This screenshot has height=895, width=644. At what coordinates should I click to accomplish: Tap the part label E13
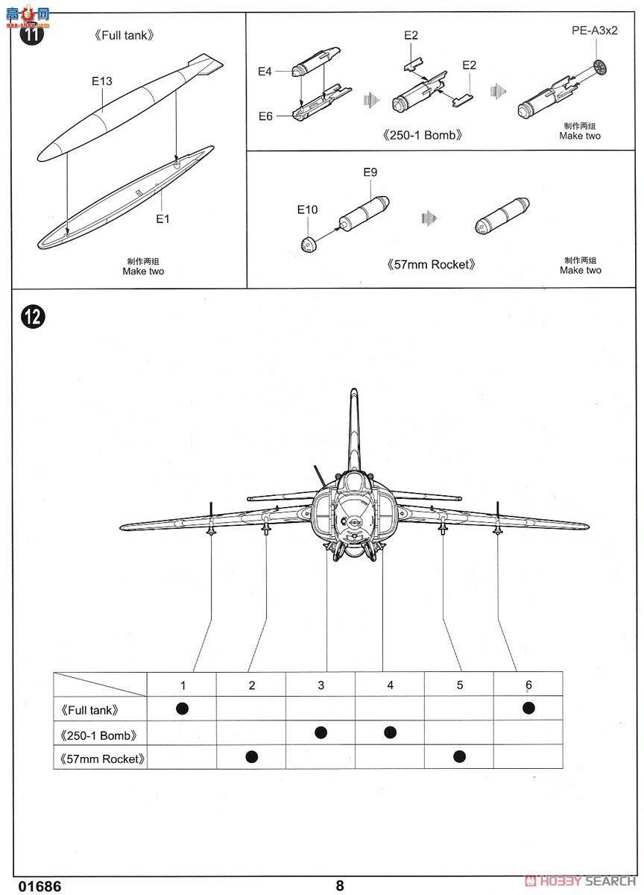point(102,81)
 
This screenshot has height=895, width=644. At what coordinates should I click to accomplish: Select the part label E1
point(162,219)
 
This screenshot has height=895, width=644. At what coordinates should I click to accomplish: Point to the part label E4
point(265,72)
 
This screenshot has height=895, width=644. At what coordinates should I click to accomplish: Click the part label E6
point(265,116)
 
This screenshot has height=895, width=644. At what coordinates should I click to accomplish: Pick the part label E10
point(307,210)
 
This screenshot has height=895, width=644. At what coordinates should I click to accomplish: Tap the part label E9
point(370,172)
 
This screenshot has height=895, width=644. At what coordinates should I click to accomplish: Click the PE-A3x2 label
point(595,31)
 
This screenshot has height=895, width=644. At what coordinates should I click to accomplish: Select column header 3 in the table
point(321,685)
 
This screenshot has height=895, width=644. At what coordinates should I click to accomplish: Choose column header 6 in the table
point(528,685)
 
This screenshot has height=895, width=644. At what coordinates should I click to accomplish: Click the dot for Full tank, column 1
point(182,708)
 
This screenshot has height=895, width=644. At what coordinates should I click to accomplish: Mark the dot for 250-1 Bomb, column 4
point(390,732)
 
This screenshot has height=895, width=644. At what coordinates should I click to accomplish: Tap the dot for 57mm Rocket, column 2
point(251,756)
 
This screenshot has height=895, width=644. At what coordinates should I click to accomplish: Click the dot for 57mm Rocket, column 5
point(459,756)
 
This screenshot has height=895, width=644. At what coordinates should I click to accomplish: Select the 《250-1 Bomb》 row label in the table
point(98,735)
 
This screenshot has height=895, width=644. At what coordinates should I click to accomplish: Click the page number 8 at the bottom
point(340,885)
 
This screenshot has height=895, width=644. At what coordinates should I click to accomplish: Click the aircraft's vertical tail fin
point(353,429)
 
